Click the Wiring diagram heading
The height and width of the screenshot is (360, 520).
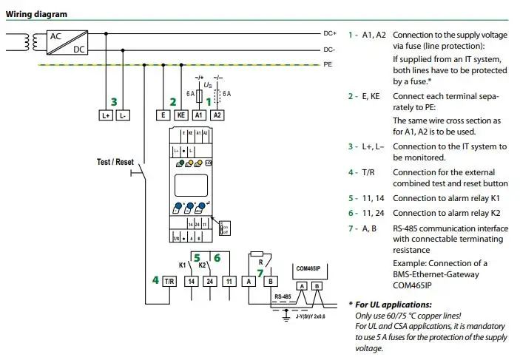[36, 14]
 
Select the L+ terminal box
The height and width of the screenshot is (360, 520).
[104, 115]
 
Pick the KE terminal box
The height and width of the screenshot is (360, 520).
[180, 115]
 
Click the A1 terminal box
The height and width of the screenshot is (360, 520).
[198, 115]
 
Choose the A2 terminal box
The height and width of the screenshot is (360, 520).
[217, 115]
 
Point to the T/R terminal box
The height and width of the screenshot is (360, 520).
[169, 281]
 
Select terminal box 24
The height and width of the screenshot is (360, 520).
[211, 281]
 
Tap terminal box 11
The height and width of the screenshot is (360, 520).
[231, 281]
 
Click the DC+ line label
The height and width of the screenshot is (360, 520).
[330, 33]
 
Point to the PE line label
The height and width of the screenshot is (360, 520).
[328, 64]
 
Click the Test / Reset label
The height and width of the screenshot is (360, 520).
[115, 161]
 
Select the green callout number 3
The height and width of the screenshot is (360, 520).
[113, 101]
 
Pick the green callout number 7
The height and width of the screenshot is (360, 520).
[260, 273]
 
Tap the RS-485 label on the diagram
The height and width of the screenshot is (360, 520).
[282, 297]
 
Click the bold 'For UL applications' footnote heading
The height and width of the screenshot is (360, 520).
[390, 305]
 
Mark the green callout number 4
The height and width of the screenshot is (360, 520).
[155, 281]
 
